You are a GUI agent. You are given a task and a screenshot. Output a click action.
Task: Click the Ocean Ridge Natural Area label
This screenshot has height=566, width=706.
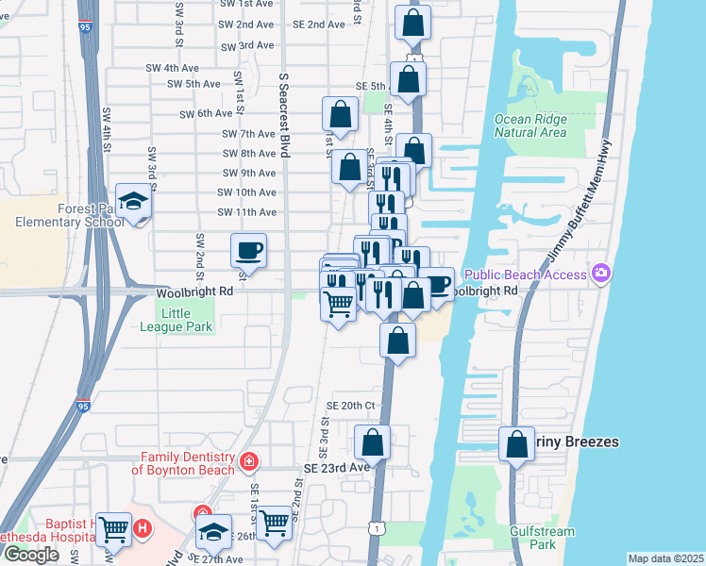pos(530,125)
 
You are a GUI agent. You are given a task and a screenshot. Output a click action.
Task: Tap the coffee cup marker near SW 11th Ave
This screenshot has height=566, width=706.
pos(248,251)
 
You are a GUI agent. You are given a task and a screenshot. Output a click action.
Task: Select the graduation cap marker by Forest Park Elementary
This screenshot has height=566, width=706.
pos(133,200)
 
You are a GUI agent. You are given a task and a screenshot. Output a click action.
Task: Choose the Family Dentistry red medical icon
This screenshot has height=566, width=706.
pos(248,461)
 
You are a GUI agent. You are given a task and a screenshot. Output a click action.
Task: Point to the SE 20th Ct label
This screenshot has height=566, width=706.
pos(350,405)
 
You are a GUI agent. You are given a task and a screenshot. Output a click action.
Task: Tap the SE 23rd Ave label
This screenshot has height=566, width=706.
pos(337,467)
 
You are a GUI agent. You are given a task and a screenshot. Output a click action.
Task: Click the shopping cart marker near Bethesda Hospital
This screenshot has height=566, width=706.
pos(113,530)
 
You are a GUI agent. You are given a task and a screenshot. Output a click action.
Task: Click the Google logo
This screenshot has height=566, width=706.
pos(31,555)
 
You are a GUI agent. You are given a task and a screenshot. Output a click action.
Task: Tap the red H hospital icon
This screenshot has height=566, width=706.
pos(143,527)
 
